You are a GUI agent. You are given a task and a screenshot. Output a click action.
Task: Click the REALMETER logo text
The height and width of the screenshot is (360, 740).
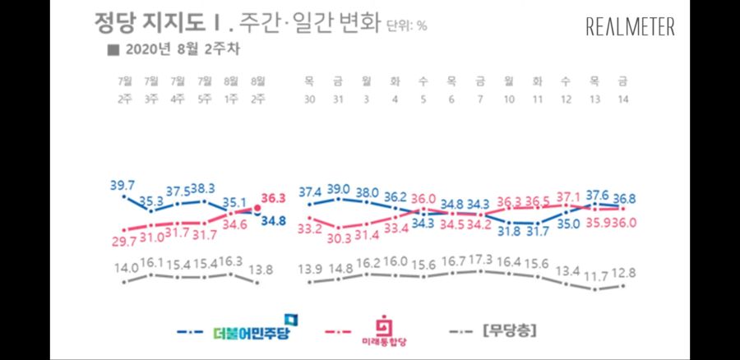coord(630,27)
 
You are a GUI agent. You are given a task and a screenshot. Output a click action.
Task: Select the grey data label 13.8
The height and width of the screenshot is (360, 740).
coord(259,268)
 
